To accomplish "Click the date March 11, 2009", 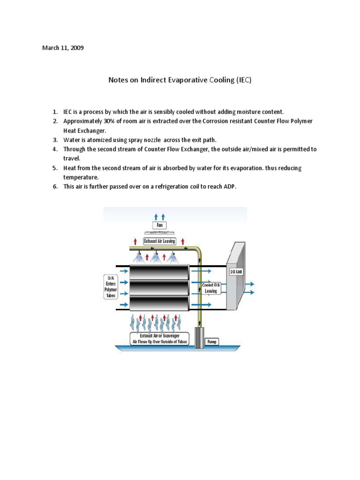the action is click(x=63, y=48).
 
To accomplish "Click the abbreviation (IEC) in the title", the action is click(x=243, y=80).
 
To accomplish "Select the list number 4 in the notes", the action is click(x=55, y=149).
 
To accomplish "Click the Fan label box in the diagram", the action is click(x=159, y=225).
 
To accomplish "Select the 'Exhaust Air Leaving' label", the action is click(x=159, y=241).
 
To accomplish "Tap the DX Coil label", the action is click(x=236, y=272).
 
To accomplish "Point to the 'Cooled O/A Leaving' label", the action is click(x=210, y=288).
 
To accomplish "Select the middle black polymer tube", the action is click(x=159, y=286).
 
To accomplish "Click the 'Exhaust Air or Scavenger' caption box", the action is click(x=159, y=338).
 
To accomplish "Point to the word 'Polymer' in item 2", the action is click(x=300, y=121).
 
